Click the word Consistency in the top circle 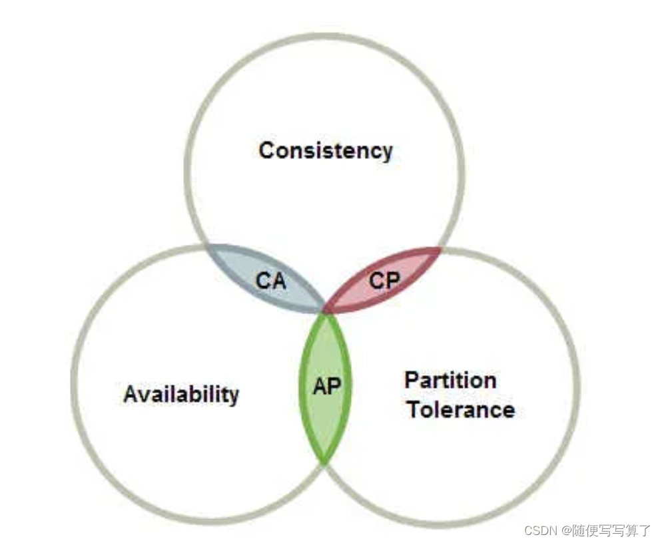[326, 150]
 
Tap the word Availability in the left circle [181, 394]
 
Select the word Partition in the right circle [451, 381]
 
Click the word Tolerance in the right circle [461, 409]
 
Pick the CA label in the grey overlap [271, 281]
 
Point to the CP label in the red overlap [384, 281]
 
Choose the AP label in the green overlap [326, 386]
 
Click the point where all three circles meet [325, 311]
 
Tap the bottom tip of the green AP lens [324, 461]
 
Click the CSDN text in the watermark [540, 530]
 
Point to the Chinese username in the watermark [609, 530]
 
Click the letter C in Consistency [266, 150]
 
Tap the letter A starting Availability [131, 395]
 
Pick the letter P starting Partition [412, 381]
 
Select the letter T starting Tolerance [414, 409]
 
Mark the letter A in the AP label [319, 386]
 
